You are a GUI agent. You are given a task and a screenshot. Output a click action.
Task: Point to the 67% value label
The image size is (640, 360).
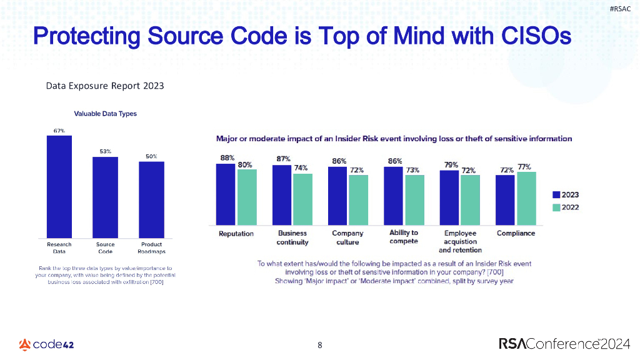tap(59, 131)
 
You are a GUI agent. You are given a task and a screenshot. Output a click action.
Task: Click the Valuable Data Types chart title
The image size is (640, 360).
tap(105, 114)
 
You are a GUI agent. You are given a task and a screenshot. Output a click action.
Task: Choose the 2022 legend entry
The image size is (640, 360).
tap(566, 207)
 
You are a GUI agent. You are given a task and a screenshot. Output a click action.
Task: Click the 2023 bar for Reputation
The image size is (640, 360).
tap(226, 194)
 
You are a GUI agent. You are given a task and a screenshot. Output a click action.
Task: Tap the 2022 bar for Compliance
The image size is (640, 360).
tap(526, 198)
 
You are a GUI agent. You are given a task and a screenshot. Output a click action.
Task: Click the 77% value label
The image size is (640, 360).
tap(524, 167)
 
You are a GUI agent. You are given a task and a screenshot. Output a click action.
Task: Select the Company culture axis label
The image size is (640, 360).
tap(347, 237)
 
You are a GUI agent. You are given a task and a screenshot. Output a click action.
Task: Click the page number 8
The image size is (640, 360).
tap(320, 344)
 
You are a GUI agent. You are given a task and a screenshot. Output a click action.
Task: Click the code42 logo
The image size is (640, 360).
tap(47, 344)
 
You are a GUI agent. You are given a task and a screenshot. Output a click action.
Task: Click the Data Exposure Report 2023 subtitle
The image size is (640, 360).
tap(105, 86)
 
